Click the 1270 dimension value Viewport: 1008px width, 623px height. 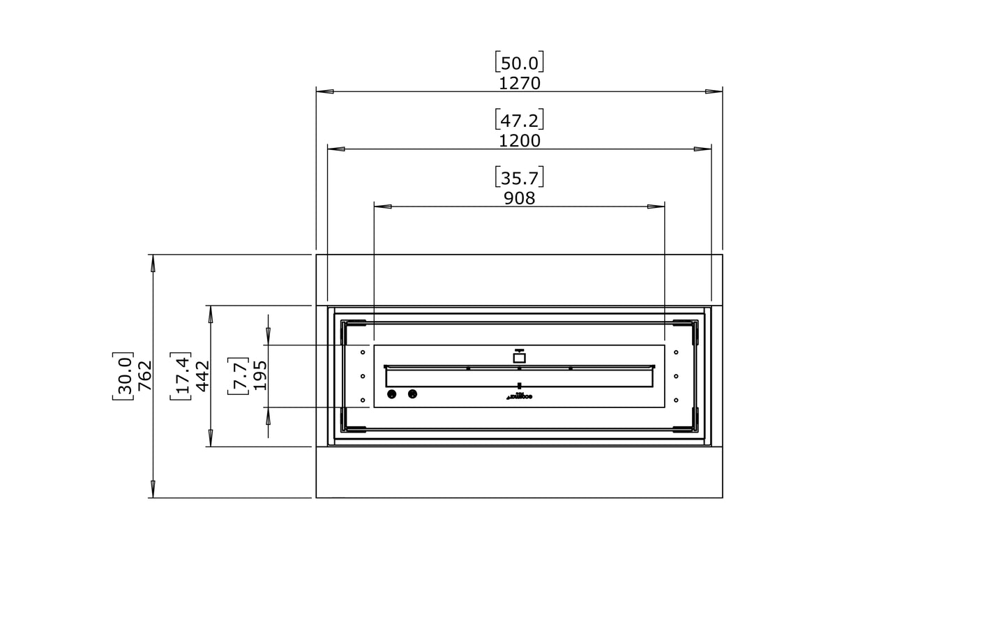[520, 84]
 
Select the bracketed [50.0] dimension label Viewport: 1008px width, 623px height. [520, 63]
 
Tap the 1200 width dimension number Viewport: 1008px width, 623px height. [520, 141]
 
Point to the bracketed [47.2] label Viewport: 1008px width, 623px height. [520, 120]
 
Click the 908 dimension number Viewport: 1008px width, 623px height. [520, 199]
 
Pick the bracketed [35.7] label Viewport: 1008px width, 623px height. [520, 177]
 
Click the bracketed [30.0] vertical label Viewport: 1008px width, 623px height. [123, 376]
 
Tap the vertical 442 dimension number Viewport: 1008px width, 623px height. [202, 376]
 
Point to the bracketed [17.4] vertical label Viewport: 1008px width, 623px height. [181, 376]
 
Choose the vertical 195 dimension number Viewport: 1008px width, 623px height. [260, 376]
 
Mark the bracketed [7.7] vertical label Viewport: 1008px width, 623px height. [239, 376]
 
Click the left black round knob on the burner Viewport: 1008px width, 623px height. [391, 395]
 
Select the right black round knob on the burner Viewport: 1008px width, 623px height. [412, 395]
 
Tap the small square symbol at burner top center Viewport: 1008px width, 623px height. [519, 358]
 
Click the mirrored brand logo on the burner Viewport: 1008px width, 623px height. [520, 397]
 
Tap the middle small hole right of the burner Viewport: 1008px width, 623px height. [676, 377]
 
